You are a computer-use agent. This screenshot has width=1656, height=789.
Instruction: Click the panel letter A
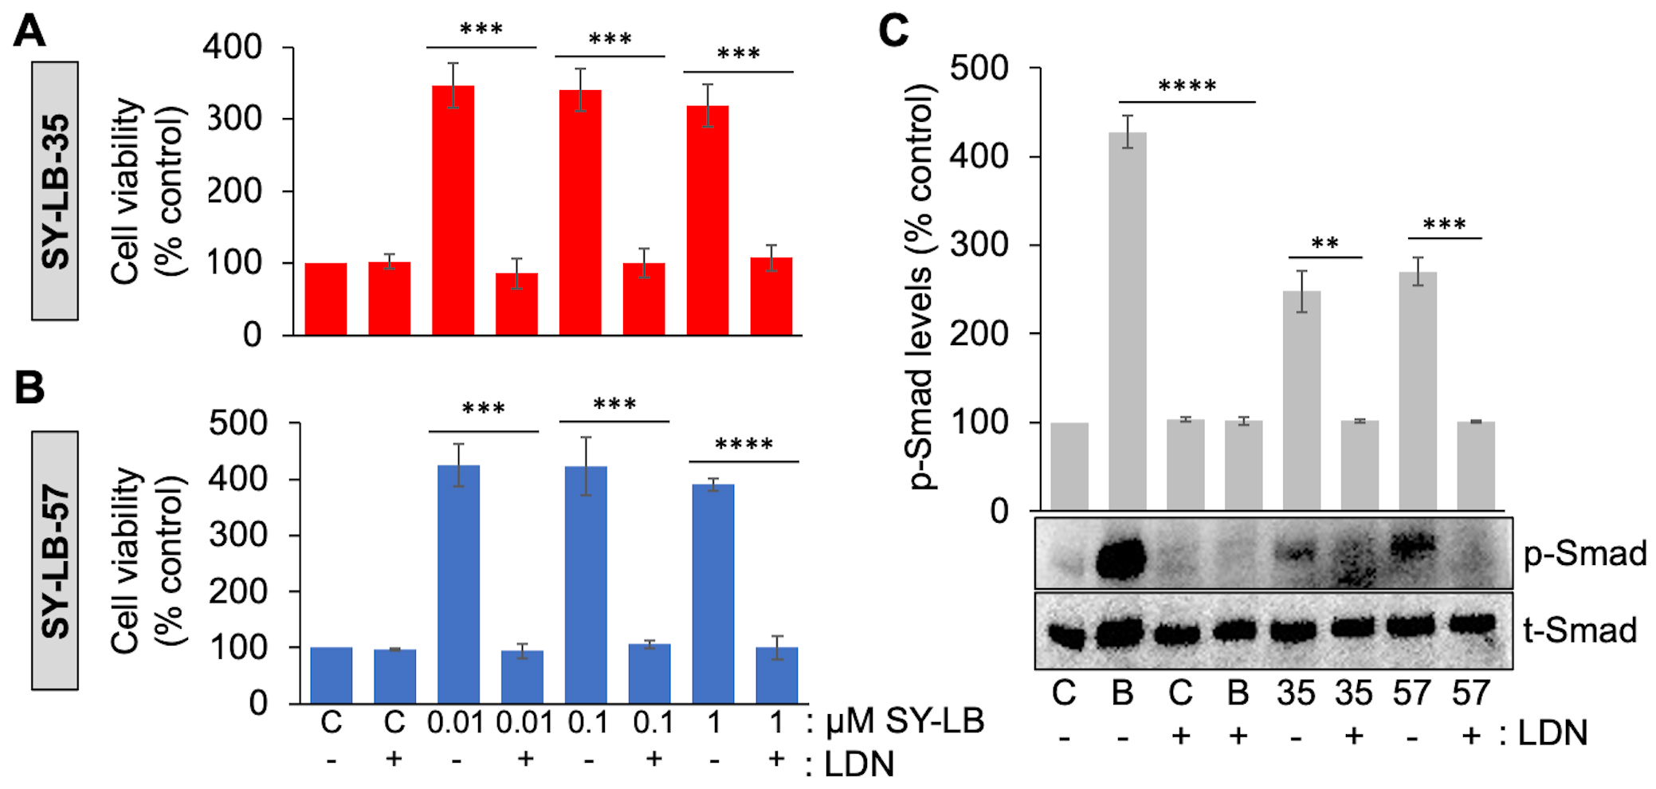[29, 33]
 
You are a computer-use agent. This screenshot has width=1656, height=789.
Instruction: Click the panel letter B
[29, 388]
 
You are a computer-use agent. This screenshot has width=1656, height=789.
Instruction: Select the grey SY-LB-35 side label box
[55, 191]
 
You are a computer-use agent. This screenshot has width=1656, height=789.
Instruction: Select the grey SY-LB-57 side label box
[55, 560]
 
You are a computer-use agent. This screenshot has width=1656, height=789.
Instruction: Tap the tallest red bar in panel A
[453, 210]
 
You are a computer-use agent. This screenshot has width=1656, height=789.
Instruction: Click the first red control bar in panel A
[325, 299]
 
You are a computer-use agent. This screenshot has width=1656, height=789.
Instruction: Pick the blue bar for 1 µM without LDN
[713, 594]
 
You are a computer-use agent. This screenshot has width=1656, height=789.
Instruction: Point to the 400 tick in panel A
[233, 47]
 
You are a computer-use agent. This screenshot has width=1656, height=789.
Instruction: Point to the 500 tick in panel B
[238, 423]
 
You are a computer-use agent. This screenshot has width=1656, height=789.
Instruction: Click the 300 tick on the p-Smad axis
[979, 245]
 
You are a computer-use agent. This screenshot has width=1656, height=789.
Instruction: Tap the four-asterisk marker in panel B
[744, 445]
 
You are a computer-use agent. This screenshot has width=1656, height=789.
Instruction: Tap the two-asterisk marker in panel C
[1324, 244]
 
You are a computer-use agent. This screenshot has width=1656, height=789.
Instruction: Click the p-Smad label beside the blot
[1584, 554]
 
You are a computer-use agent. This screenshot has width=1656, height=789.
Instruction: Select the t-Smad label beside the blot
[1579, 630]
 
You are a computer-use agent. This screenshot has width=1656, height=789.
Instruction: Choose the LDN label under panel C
[1552, 733]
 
